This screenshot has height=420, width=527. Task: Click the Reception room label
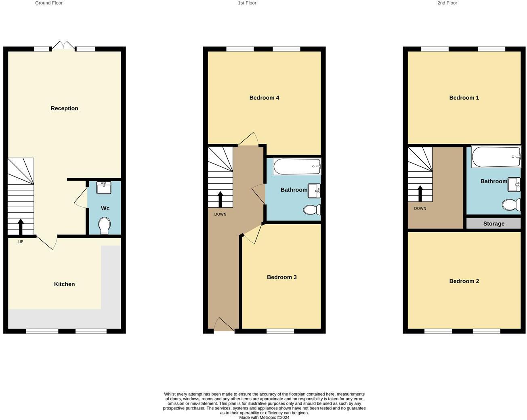(x=64, y=108)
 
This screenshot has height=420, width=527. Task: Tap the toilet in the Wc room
(x=104, y=225)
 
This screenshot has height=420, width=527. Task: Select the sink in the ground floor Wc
(x=104, y=188)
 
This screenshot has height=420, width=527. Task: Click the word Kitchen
(x=64, y=284)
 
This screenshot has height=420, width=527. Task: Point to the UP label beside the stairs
(x=21, y=242)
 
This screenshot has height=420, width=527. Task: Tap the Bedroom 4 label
(x=264, y=98)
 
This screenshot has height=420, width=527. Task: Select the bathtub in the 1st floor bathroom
(x=297, y=166)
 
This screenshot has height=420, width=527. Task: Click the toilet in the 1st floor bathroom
(x=312, y=210)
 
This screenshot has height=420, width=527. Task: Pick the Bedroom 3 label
(x=281, y=277)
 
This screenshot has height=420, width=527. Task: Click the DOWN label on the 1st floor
(x=220, y=214)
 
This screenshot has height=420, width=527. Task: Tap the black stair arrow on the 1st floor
(x=220, y=199)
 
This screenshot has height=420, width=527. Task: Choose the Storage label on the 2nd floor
(x=493, y=224)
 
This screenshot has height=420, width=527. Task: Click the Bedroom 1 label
(x=464, y=98)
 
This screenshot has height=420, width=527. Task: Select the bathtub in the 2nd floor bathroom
(x=496, y=156)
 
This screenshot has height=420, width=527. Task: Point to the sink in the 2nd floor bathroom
(x=514, y=184)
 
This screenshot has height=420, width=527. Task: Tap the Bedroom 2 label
(x=464, y=281)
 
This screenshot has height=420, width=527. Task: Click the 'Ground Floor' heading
(x=49, y=3)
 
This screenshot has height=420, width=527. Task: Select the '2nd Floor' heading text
(x=447, y=3)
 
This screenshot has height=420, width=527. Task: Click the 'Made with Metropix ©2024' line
(x=264, y=418)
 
